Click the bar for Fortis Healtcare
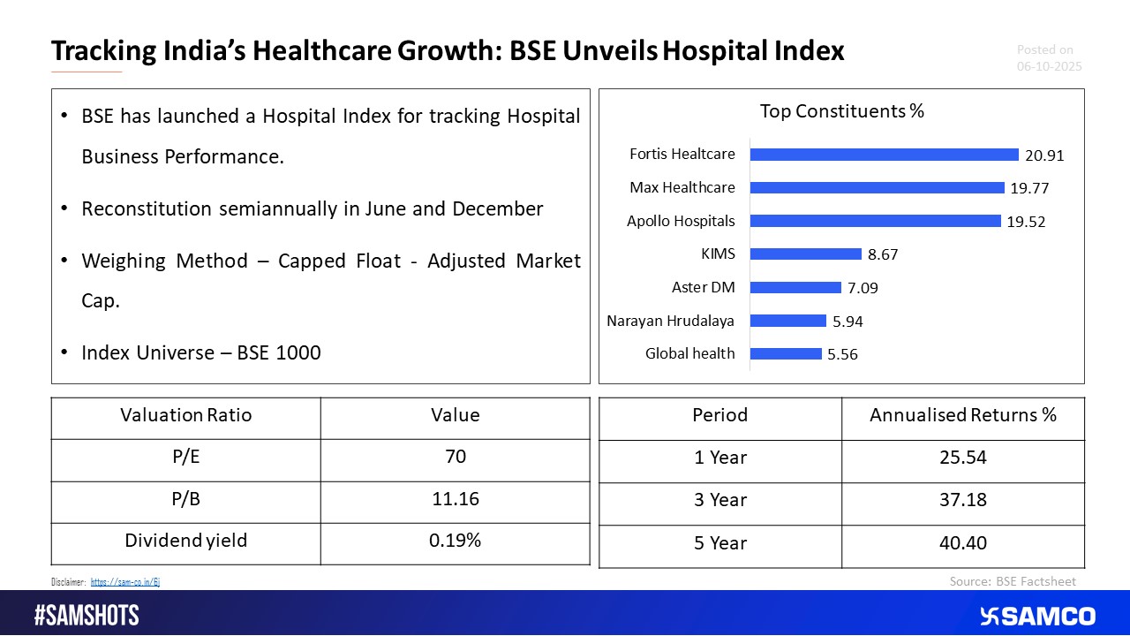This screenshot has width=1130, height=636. click(x=884, y=155)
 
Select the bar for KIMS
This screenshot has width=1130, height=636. click(x=805, y=254)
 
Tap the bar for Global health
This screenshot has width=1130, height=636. click(x=786, y=353)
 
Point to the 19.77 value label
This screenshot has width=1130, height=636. click(x=1031, y=188)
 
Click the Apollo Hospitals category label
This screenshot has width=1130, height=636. click(x=681, y=221)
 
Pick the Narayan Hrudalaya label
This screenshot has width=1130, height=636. click(x=670, y=321)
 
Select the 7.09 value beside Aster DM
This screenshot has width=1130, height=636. click(x=862, y=288)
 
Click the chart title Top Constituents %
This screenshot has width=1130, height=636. click(x=841, y=111)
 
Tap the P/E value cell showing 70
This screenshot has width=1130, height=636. click(x=455, y=457)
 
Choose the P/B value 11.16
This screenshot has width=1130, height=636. click(x=455, y=499)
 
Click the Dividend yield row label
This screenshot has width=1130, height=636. click(x=185, y=541)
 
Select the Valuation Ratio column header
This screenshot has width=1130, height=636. click(x=185, y=415)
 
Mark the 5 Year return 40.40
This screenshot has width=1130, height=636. click(x=963, y=543)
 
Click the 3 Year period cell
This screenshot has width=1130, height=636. click(x=720, y=500)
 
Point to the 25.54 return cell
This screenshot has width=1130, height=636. click(x=963, y=458)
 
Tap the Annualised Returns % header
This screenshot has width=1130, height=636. click(x=963, y=415)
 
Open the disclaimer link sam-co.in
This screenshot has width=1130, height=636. click(x=124, y=582)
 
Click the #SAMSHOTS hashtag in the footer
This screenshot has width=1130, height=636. click(x=87, y=616)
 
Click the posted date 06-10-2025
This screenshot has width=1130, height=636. click(x=1049, y=66)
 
